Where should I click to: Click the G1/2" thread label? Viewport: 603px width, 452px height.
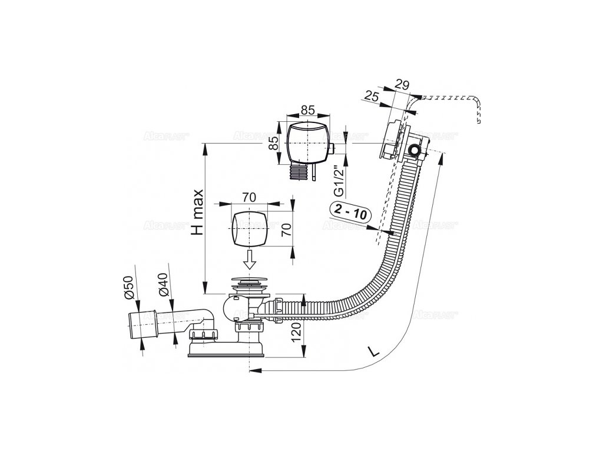point(338,182)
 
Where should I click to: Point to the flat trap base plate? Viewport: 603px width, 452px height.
point(226,352)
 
